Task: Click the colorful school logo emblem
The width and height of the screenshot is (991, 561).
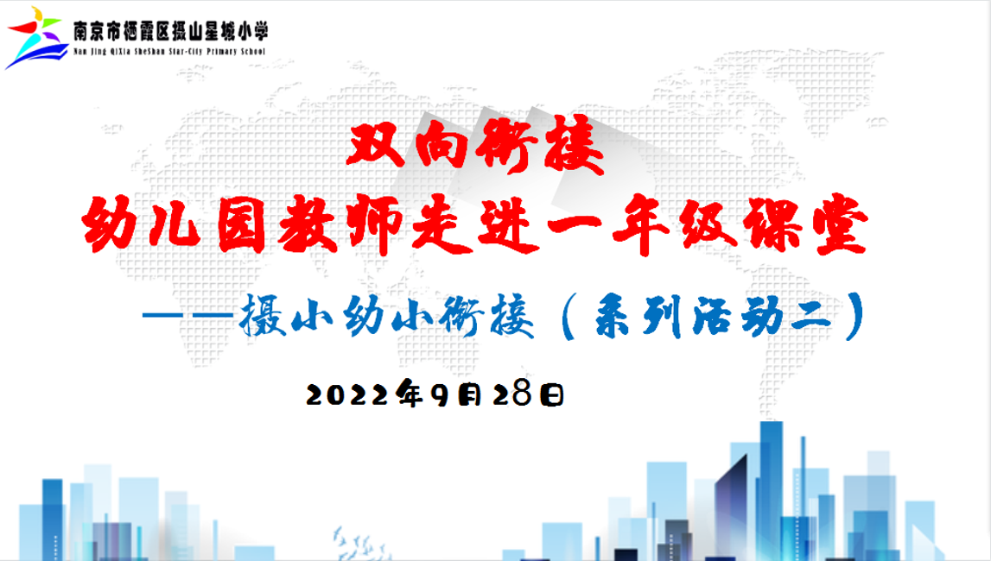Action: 36,38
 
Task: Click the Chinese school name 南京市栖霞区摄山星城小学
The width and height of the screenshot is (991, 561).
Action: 171,31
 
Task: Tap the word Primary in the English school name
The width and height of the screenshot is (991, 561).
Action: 221,52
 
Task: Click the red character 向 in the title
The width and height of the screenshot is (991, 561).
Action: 442,145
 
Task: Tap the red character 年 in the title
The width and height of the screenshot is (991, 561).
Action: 641,224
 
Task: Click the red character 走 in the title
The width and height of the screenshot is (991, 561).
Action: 442,224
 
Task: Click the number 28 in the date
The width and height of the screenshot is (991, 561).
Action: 511,394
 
